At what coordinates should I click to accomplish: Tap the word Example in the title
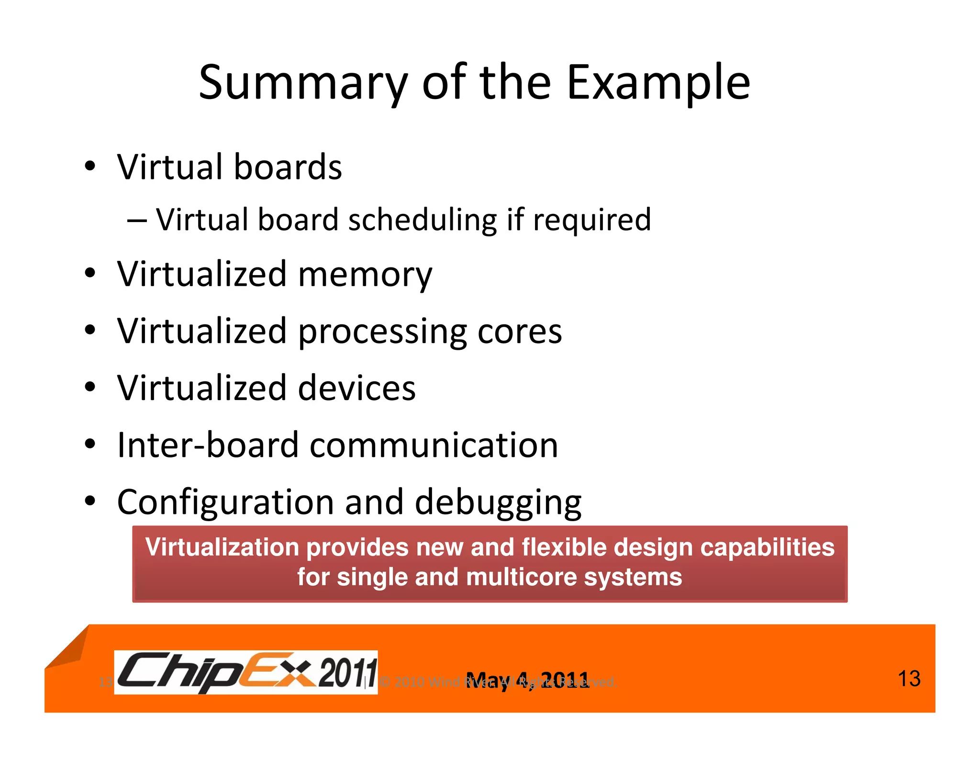pos(658,84)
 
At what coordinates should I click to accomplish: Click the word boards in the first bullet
pos(288,167)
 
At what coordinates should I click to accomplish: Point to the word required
pos(592,220)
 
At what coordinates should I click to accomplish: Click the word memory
pos(365,275)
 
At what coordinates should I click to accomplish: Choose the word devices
pos(356,388)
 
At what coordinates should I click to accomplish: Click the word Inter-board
pos(208,445)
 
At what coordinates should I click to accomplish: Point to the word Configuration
pos(225,502)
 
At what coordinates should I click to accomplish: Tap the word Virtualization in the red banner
pos(223,547)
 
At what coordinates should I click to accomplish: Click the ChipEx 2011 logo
pos(246,672)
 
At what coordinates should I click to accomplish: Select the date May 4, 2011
pos(527,680)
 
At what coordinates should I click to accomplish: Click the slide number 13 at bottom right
pos(908,679)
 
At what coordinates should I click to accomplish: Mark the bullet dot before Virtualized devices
pos(90,386)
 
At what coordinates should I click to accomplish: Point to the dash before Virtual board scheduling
pos(137,221)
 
